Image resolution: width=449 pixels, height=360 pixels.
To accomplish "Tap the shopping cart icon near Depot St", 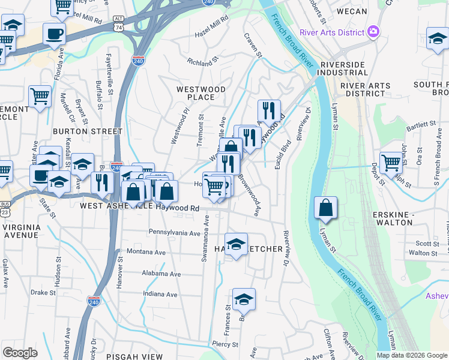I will (x=391, y=161).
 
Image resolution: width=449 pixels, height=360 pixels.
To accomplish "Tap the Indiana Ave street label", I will (x=160, y=295).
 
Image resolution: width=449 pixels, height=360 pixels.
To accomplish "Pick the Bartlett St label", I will (x=421, y=124).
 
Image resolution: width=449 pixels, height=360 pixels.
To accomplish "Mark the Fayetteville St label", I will (x=109, y=74).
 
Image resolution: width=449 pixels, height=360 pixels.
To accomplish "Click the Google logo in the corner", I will (x=20, y=353).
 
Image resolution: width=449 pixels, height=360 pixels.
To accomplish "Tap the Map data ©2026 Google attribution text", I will (x=412, y=355).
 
